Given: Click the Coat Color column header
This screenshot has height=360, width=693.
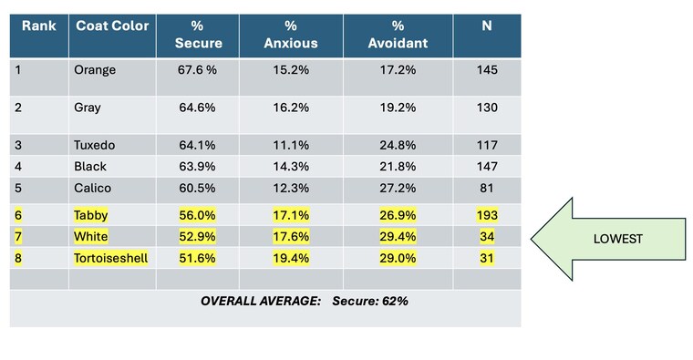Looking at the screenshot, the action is (x=112, y=26).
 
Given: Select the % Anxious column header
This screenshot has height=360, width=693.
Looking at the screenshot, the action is (x=291, y=35).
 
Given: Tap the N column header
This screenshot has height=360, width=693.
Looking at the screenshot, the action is (x=487, y=26).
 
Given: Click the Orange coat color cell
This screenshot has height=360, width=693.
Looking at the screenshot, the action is (x=95, y=70).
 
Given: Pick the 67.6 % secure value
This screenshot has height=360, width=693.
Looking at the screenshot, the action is (x=197, y=70).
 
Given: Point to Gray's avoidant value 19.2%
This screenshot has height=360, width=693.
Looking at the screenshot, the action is (x=398, y=108).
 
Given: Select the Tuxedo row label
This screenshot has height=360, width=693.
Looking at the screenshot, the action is (x=95, y=145).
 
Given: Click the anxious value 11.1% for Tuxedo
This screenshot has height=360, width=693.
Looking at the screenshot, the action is (x=291, y=145).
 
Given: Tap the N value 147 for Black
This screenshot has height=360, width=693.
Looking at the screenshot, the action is (x=487, y=167).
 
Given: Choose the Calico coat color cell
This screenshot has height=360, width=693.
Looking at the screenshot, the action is (x=92, y=188).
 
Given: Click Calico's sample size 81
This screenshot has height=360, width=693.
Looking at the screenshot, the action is (x=487, y=188).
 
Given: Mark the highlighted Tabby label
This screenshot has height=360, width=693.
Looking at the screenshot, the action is (x=90, y=215).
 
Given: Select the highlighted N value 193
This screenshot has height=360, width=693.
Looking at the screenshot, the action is (x=487, y=215).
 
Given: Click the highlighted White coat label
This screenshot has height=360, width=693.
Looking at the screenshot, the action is (x=90, y=236).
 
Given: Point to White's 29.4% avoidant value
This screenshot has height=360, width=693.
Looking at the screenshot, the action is (x=398, y=236).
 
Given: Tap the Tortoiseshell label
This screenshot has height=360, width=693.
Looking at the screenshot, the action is (x=110, y=258).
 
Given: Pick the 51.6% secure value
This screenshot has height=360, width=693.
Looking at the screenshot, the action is (x=197, y=258).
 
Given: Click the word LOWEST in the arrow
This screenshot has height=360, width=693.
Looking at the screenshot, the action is (x=618, y=239).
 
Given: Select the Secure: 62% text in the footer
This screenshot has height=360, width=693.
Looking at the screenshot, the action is (x=370, y=302).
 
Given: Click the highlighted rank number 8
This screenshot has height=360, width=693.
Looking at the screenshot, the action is (x=18, y=258).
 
